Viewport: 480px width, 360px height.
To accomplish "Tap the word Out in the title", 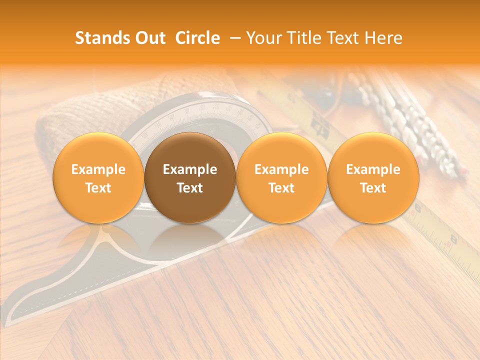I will [x=149, y=38].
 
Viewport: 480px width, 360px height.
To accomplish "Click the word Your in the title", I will [x=261, y=38].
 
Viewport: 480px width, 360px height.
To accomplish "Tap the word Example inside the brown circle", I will [x=190, y=169].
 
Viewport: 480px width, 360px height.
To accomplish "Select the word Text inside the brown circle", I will [x=190, y=188].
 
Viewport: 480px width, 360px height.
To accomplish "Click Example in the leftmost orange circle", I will [x=98, y=169].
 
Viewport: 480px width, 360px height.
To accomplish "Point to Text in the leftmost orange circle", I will [x=98, y=188].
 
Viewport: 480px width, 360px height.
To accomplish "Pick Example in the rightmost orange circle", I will [x=373, y=169].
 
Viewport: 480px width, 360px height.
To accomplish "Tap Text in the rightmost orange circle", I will [x=373, y=188].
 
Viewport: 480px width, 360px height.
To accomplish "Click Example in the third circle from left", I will [x=281, y=169].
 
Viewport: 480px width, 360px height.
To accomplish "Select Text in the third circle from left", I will [x=281, y=188].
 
